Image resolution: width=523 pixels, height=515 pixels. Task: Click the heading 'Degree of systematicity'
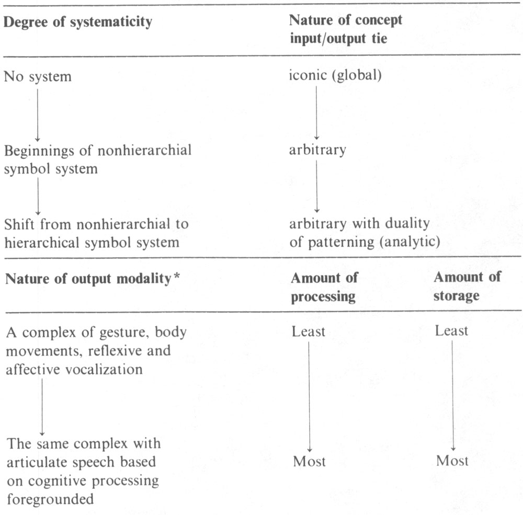coord(78,22)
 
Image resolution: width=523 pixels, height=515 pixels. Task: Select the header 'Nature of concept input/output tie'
coord(346,29)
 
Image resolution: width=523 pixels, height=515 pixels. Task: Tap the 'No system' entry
coord(38,77)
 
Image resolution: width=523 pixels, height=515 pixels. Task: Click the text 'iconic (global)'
coord(335,76)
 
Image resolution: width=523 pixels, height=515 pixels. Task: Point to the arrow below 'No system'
coord(38,113)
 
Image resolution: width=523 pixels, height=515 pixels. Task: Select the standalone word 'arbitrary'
coord(317,151)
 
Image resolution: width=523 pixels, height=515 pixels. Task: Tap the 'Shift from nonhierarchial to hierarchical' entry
coord(96,233)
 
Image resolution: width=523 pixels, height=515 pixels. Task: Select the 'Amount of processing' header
coord(324,287)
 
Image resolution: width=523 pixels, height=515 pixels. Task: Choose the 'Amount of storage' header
coord(467,287)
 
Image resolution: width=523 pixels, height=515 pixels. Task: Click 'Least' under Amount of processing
coord(309,331)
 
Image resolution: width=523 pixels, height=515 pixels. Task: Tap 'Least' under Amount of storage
coord(451,331)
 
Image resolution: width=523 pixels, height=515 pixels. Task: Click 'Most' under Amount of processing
coord(309,462)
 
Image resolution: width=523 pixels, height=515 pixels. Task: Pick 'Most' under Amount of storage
coord(452,462)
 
